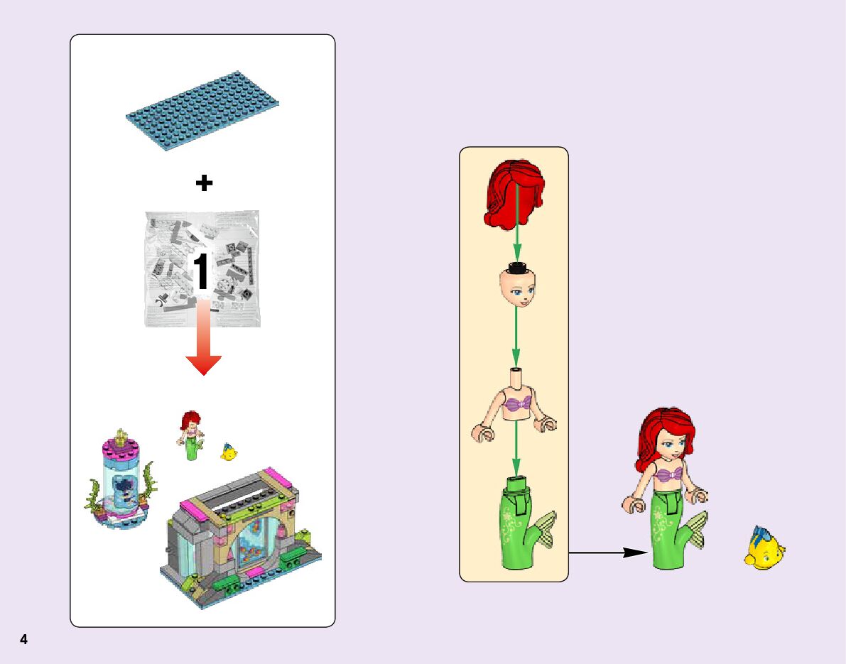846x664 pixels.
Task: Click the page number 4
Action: click(x=23, y=639)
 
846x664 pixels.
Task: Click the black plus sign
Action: click(x=204, y=183)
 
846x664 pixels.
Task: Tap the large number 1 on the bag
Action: click(x=202, y=272)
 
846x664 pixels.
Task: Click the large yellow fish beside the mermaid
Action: click(x=764, y=549)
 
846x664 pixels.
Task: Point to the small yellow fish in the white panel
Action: click(x=229, y=451)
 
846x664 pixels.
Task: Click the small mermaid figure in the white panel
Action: click(x=190, y=436)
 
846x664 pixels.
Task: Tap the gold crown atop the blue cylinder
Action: click(x=121, y=435)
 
